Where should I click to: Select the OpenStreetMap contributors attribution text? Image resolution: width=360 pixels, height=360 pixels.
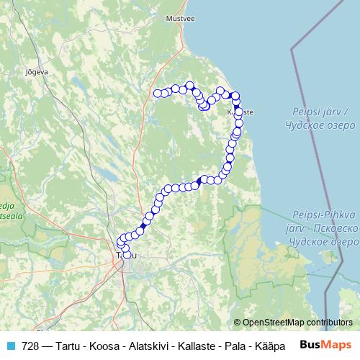pyautogui.click(x=297, y=322)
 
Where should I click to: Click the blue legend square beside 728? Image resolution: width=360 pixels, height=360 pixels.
pyautogui.click(x=9, y=345)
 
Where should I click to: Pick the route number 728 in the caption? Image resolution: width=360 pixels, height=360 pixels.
pyautogui.click(x=31, y=345)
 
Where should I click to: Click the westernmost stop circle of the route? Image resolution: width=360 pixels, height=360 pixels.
pyautogui.click(x=158, y=92)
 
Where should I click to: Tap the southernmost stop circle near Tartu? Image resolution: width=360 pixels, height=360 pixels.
pyautogui.click(x=127, y=254)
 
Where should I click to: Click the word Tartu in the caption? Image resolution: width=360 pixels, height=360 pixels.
pyautogui.click(x=72, y=345)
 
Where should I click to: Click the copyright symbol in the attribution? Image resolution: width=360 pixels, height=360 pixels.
pyautogui.click(x=238, y=322)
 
